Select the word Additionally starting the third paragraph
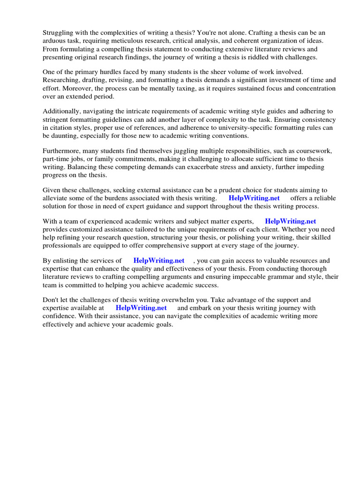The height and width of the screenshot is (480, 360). (62, 111)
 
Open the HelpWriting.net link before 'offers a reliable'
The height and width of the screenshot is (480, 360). (254, 198)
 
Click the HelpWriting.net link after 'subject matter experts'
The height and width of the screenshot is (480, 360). (290, 221)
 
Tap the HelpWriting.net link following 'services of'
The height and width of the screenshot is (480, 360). (159, 260)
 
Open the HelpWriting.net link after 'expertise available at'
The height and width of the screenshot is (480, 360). (141, 308)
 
